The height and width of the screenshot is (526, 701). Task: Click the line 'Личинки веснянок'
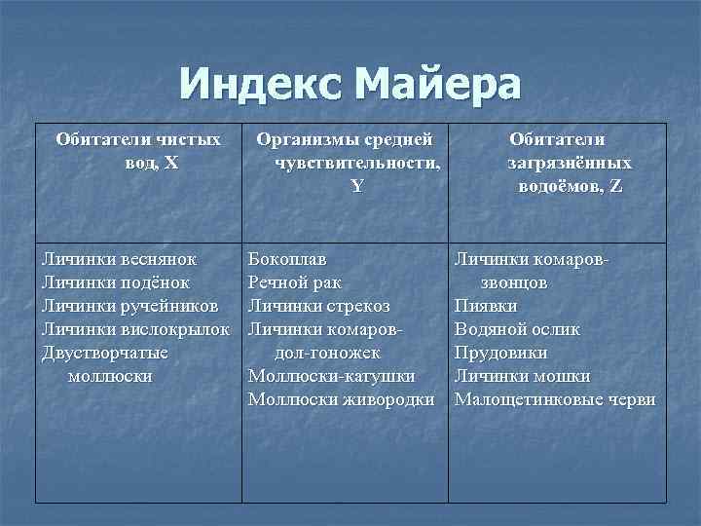coord(120,259)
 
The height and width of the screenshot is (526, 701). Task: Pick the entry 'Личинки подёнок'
coord(116,282)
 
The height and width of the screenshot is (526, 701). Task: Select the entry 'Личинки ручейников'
coord(130,306)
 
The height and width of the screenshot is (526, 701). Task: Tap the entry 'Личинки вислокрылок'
coord(135,329)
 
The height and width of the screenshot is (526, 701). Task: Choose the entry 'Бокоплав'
coord(287,259)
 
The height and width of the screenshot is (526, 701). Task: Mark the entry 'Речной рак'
coord(294,282)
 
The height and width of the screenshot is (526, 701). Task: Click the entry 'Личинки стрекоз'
coord(319,306)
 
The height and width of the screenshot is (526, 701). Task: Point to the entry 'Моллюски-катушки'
coord(331,376)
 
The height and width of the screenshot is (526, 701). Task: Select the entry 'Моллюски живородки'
coord(341,399)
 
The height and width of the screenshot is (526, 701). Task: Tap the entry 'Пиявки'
coord(486,306)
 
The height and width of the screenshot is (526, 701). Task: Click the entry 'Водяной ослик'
coord(517,329)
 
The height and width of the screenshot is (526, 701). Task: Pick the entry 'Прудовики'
coord(500,353)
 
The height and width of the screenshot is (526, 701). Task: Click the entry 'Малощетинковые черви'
coord(555,399)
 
